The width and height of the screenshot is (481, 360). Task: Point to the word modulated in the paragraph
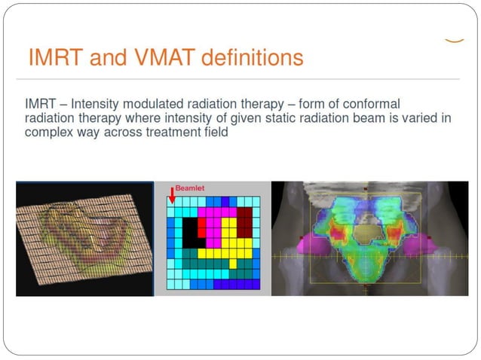pyautogui.click(x=154, y=103)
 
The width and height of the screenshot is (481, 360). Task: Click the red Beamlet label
pyautogui.click(x=191, y=188)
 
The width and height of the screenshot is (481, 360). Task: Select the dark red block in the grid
pyautogui.click(x=244, y=223)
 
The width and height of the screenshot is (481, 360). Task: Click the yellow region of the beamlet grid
pyautogui.click(x=230, y=249)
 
